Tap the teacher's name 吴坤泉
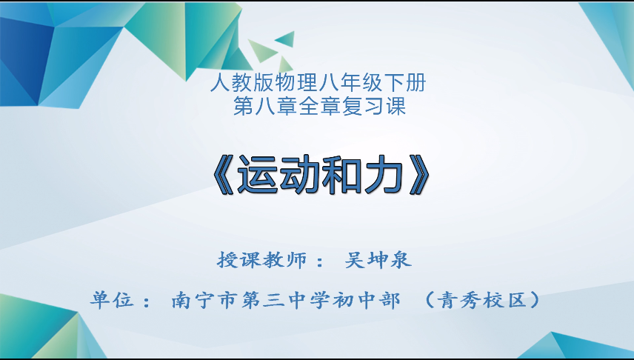pyautogui.click(x=378, y=260)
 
